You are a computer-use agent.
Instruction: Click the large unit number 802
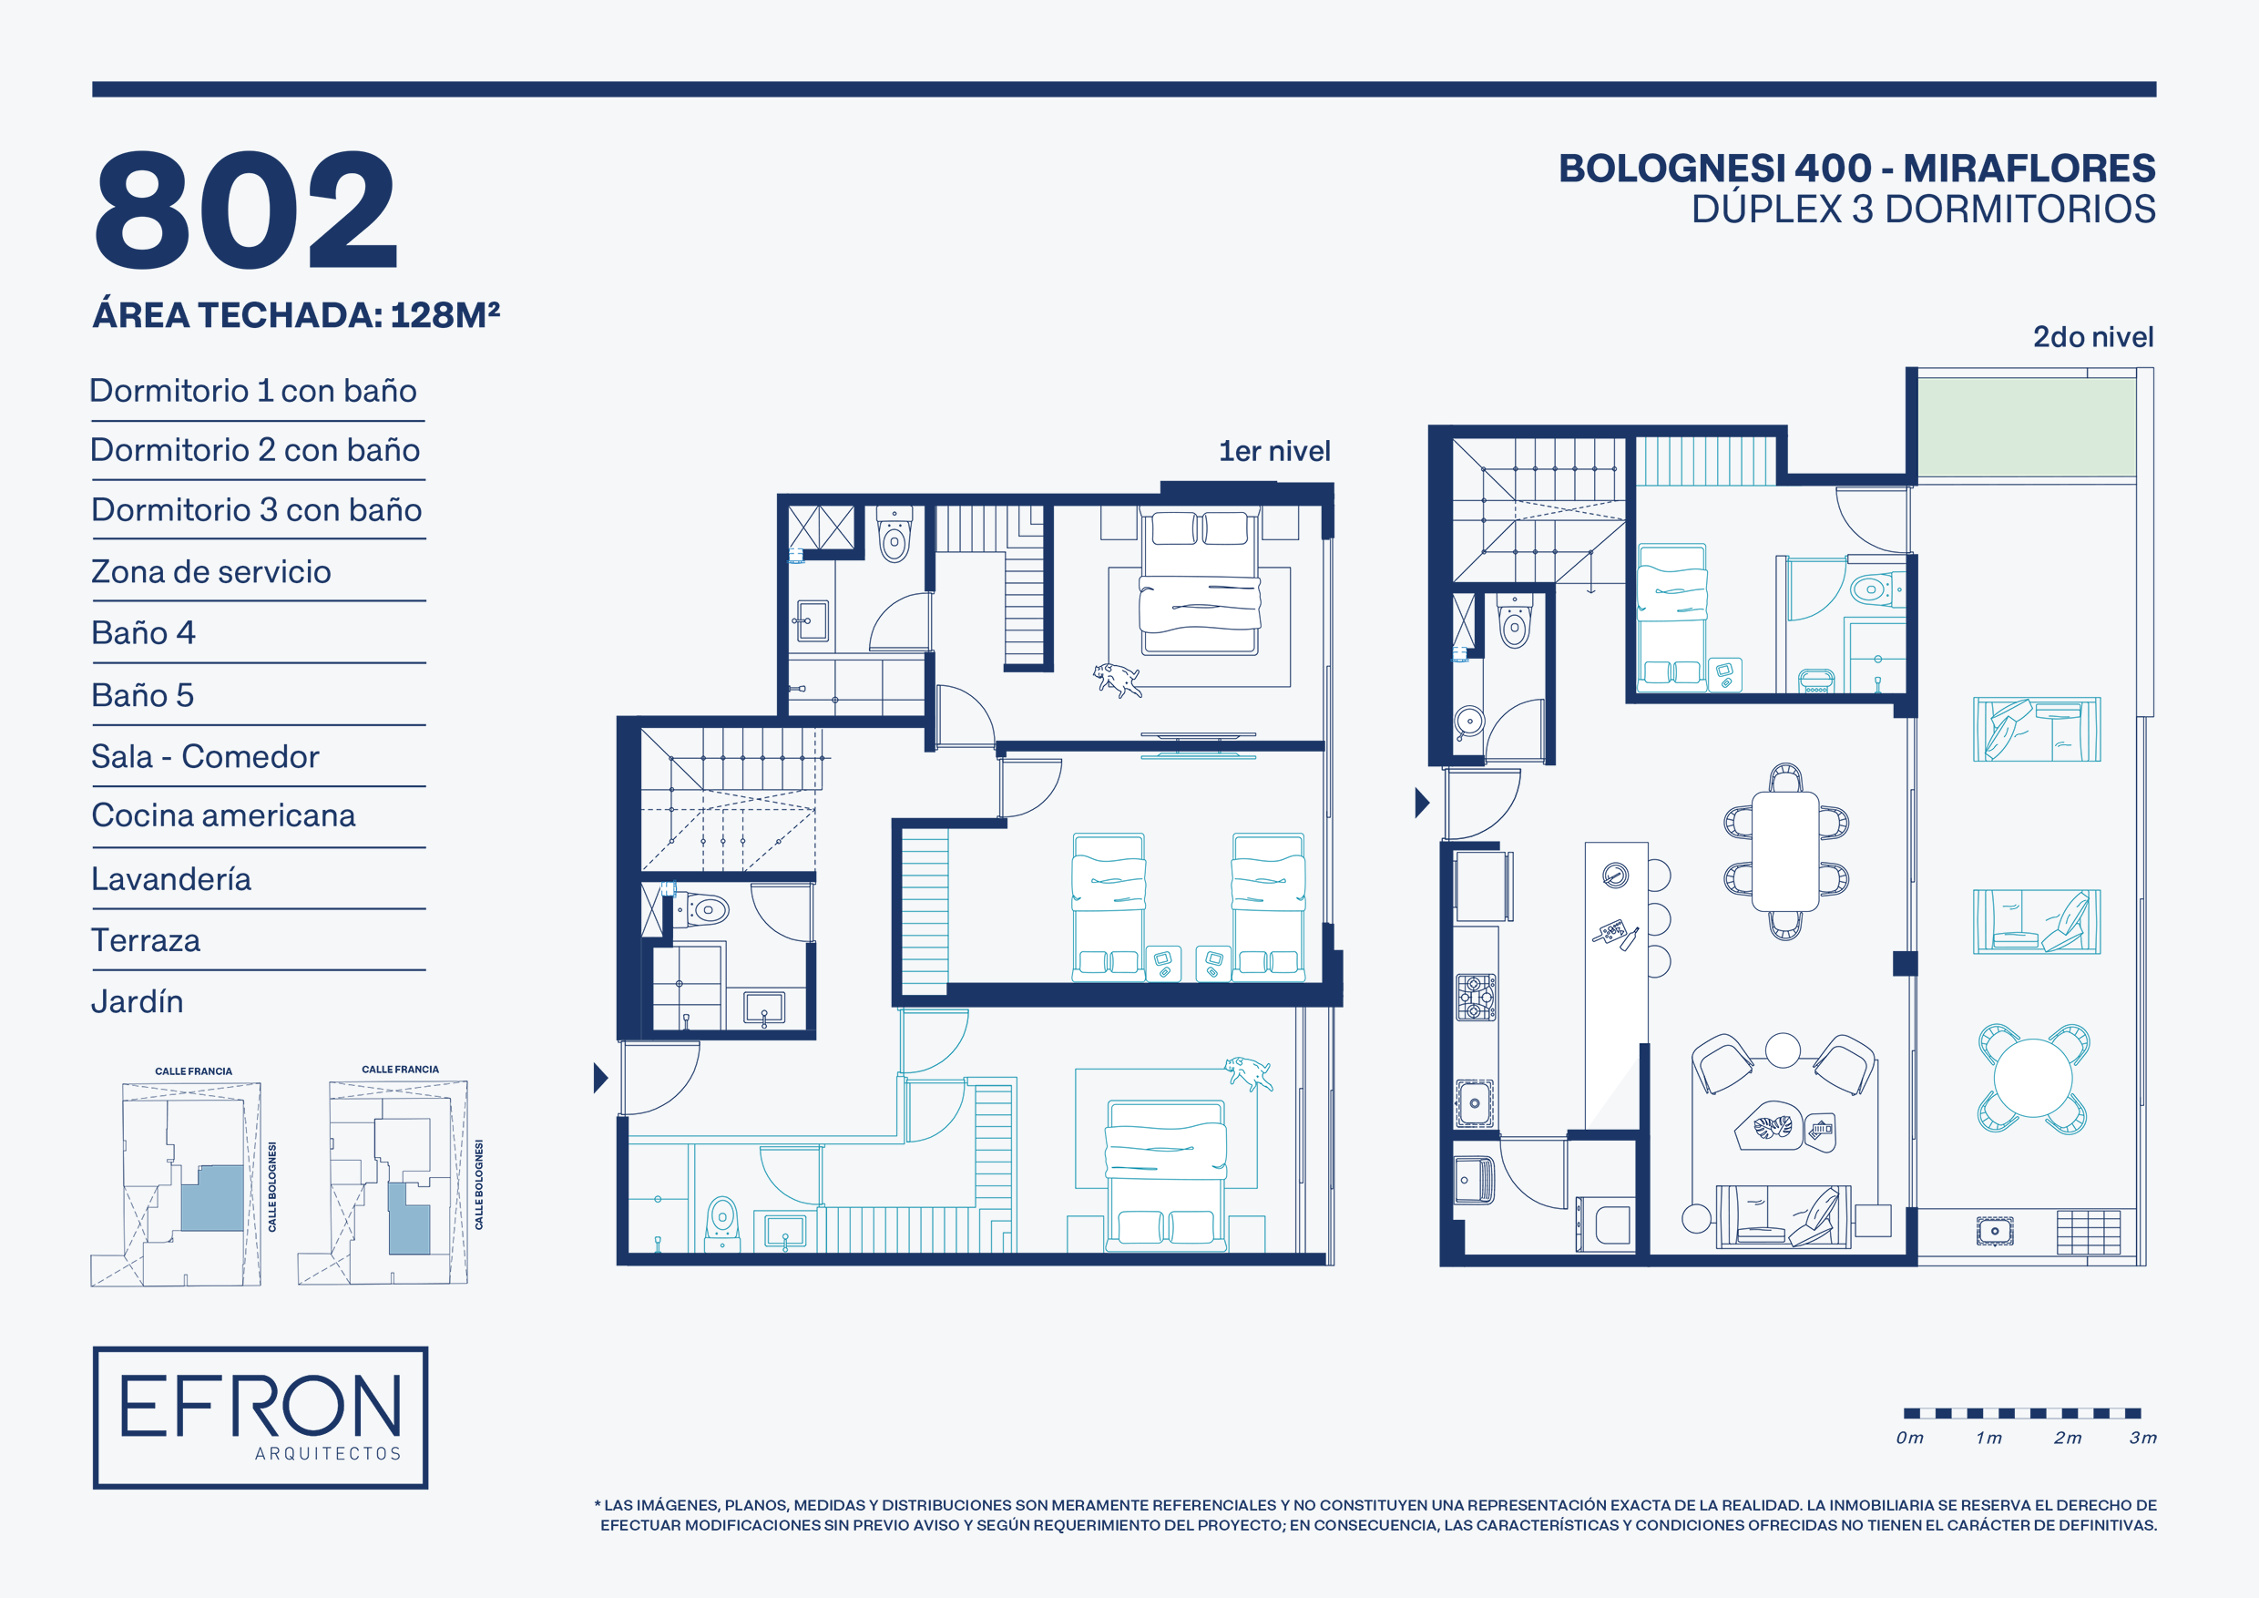click(x=246, y=210)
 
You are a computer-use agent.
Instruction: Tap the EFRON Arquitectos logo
click(x=261, y=1417)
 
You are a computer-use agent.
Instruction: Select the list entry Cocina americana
click(x=223, y=815)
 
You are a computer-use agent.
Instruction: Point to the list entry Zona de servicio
click(x=210, y=572)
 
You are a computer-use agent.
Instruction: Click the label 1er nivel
click(x=1274, y=451)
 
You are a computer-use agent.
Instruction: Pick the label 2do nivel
click(x=2092, y=336)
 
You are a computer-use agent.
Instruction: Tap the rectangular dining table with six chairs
click(x=1785, y=852)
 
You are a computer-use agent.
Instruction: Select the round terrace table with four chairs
click(x=2033, y=1079)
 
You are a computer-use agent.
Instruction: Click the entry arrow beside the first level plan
click(x=600, y=1079)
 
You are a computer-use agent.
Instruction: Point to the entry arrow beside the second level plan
click(x=1422, y=803)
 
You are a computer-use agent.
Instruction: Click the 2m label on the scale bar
click(x=2067, y=1438)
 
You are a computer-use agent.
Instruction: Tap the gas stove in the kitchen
click(x=1476, y=998)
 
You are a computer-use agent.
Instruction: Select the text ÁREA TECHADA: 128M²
click(x=296, y=315)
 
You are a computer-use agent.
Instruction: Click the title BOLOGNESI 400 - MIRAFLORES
click(x=1856, y=169)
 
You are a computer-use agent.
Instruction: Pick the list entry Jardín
click(x=137, y=1001)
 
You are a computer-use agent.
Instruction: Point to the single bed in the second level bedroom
click(x=1671, y=616)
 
